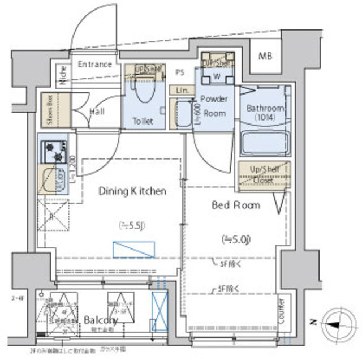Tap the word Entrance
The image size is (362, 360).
(94, 64)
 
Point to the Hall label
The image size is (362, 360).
(97, 112)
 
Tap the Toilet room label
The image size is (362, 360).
(143, 121)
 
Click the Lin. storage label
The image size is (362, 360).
(181, 91)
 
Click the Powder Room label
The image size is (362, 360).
(214, 106)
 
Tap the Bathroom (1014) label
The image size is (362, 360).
(264, 112)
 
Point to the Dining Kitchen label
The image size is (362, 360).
(133, 191)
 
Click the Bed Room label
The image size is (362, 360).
(236, 205)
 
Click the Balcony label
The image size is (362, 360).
(101, 320)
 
